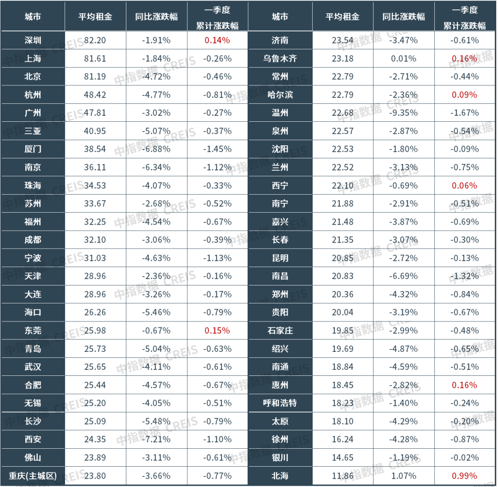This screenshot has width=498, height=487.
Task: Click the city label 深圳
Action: click(x=33, y=40)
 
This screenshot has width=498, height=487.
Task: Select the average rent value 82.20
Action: click(x=95, y=40)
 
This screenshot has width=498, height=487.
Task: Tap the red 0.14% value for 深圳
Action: click(x=217, y=40)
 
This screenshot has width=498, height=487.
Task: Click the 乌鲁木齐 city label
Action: click(x=280, y=59)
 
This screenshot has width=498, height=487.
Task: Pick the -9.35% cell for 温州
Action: click(x=403, y=113)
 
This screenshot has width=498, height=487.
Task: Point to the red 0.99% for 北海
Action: click(x=464, y=475)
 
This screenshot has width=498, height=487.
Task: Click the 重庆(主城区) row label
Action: click(x=33, y=475)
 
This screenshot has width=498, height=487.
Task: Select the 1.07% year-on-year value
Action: click(x=403, y=475)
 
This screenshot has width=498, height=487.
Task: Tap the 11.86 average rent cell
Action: click(x=343, y=475)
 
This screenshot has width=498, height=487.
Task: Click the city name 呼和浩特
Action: click(x=280, y=403)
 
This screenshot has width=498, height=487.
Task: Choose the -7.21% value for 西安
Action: click(x=156, y=439)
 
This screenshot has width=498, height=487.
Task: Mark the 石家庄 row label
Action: click(x=280, y=330)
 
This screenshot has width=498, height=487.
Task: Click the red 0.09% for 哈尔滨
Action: click(x=464, y=95)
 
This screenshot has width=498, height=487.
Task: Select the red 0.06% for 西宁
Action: click(x=464, y=185)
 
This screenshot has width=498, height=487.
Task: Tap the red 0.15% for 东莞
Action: click(x=217, y=330)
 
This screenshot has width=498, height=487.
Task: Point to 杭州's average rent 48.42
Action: click(x=95, y=95)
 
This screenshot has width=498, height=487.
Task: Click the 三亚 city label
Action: click(x=33, y=131)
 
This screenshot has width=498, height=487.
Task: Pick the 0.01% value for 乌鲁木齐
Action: click(x=403, y=59)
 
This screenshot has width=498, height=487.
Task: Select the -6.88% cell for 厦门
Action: click(x=156, y=149)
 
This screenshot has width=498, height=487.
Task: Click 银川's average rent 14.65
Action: click(x=343, y=457)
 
